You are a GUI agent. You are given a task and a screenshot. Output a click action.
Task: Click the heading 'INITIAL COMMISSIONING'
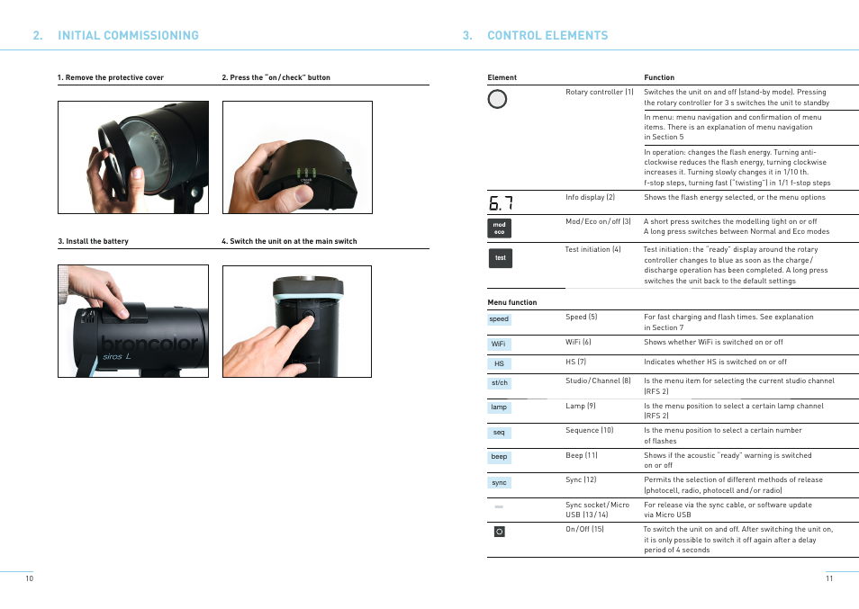(x=127, y=36)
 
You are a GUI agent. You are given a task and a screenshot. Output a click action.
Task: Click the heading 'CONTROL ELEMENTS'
(x=547, y=36)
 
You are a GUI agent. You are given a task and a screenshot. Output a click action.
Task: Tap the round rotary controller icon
(x=497, y=99)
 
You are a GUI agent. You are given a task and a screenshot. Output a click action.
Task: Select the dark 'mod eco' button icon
(x=499, y=228)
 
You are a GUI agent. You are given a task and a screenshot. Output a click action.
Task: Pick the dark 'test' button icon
(x=500, y=258)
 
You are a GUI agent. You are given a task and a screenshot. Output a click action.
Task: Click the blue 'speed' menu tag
(x=499, y=319)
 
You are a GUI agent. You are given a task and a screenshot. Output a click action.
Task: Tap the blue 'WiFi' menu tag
(x=499, y=344)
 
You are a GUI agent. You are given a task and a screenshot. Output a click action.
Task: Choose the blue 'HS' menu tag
(x=499, y=364)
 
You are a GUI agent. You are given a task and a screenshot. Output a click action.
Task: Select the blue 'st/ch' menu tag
(x=499, y=383)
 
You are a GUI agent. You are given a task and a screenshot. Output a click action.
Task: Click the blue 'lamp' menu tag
(x=499, y=407)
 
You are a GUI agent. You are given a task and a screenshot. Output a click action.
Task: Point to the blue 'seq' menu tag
(x=499, y=433)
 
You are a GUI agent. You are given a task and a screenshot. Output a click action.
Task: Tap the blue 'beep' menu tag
(x=499, y=457)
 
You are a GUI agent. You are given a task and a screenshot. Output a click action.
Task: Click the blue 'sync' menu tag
(x=499, y=483)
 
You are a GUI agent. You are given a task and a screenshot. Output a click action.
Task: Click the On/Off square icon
(x=499, y=532)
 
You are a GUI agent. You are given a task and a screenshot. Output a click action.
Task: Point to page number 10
(x=29, y=578)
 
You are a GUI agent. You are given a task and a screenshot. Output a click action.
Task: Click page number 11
(x=829, y=578)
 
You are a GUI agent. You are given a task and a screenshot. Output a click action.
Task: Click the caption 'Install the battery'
(x=96, y=242)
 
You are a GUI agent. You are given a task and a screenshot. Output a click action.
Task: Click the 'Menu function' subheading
(x=512, y=302)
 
